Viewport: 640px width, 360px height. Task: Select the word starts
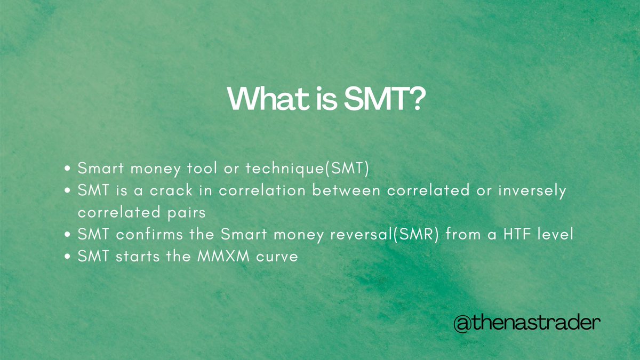pyautogui.click(x=133, y=256)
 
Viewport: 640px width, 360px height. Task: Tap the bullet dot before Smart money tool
pyautogui.click(x=68, y=170)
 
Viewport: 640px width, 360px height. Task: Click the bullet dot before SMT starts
pyautogui.click(x=68, y=257)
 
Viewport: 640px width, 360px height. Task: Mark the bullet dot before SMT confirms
pyautogui.click(x=68, y=235)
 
